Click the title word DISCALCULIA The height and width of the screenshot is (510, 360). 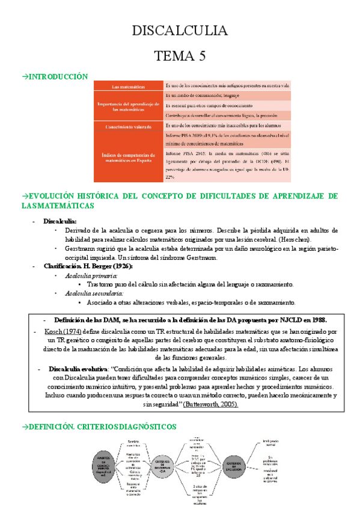click(180, 31)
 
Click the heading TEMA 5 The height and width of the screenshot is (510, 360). click(180, 57)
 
